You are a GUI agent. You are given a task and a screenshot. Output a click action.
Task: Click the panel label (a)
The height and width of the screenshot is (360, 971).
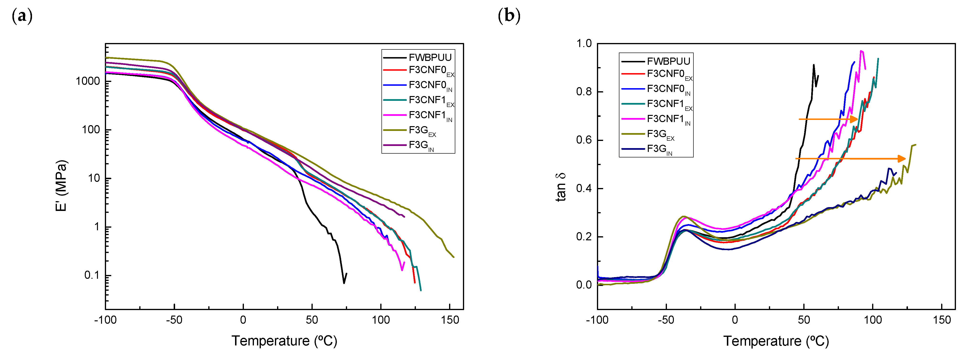(22, 16)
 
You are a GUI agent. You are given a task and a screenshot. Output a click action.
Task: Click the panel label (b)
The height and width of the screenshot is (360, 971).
(509, 16)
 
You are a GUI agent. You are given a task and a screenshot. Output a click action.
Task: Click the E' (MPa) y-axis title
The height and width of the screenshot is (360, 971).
(61, 185)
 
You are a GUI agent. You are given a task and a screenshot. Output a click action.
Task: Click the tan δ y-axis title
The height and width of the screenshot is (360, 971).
(561, 187)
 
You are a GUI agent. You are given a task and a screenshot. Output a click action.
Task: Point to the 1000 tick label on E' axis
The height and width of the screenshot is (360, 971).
(87, 81)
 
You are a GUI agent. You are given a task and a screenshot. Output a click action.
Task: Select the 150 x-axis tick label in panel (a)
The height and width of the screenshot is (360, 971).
(450, 320)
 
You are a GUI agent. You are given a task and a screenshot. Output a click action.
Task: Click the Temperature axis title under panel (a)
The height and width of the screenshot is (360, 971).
(284, 341)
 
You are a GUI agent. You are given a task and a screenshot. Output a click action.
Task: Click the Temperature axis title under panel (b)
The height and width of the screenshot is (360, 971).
(776, 341)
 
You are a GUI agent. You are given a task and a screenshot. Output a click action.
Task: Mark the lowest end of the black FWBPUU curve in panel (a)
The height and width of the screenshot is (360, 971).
(344, 283)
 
